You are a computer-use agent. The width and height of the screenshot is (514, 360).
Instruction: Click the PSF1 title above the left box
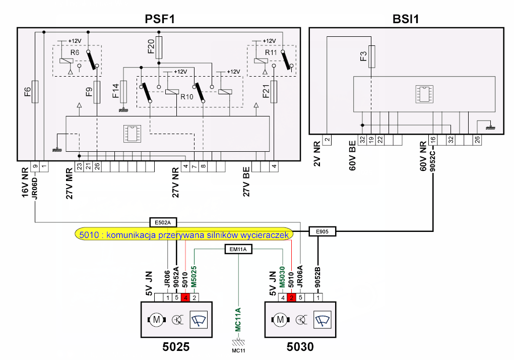(x=160, y=19)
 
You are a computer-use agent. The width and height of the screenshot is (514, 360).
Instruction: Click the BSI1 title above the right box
(x=406, y=19)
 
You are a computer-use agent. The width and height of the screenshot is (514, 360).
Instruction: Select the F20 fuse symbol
(x=159, y=47)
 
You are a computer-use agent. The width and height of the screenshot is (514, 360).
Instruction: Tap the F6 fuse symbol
(x=35, y=92)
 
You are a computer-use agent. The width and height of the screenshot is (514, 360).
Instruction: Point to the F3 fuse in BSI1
(x=371, y=56)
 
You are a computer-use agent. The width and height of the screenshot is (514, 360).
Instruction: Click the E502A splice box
(x=163, y=222)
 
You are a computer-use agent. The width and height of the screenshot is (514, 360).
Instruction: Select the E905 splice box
(x=322, y=231)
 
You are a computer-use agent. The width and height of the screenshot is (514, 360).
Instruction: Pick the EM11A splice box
(x=238, y=249)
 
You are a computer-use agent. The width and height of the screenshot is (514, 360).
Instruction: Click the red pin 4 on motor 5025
(x=185, y=297)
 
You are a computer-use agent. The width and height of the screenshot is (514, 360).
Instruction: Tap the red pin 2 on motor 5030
(x=291, y=297)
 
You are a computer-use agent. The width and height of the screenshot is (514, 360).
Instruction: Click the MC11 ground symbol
(x=238, y=343)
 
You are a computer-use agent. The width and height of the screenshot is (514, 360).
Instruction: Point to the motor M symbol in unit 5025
(x=157, y=319)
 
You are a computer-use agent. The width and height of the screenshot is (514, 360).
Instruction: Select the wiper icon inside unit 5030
(x=322, y=320)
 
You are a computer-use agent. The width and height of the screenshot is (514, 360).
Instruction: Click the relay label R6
(x=75, y=52)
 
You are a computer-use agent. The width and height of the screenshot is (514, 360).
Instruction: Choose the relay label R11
(x=271, y=52)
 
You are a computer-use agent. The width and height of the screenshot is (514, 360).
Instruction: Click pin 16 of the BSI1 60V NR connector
(x=433, y=140)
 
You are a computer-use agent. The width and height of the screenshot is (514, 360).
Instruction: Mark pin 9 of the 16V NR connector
(x=35, y=166)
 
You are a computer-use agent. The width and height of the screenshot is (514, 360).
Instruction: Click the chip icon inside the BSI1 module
(x=424, y=94)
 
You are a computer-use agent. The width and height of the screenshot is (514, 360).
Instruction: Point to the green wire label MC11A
(x=238, y=320)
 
